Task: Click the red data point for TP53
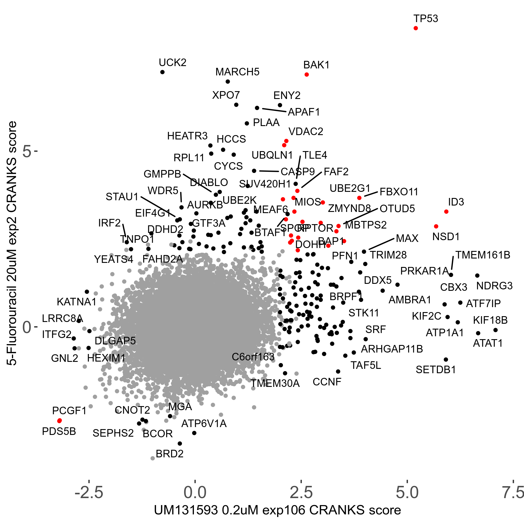pos(416,28)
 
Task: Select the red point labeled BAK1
pos(307,75)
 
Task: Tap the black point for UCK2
pos(162,72)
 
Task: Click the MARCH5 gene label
pos(237,72)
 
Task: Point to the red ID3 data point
pos(446,212)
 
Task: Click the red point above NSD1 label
pos(436,226)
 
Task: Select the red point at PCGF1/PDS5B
pos(59,421)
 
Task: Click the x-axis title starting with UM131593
pos(277,510)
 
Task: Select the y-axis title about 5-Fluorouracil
pos(12,243)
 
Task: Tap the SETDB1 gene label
pos(436,370)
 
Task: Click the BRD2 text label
pos(170,454)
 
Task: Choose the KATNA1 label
pos(77,302)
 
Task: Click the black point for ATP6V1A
pos(194,433)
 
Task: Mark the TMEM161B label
pos(483,255)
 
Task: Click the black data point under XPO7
pos(236,105)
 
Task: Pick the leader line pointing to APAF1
pos(274,110)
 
